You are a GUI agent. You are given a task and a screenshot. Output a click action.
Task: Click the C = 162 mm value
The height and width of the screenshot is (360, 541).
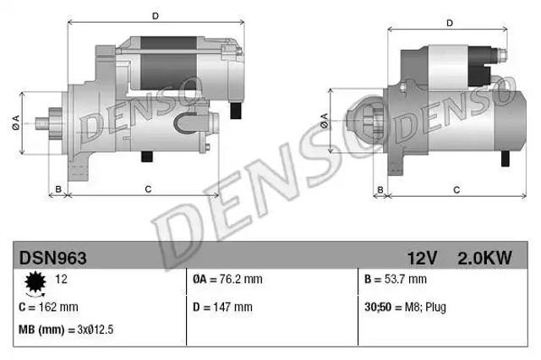click(49, 307)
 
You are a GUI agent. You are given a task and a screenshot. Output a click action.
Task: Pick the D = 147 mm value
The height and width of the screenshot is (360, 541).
click(222, 307)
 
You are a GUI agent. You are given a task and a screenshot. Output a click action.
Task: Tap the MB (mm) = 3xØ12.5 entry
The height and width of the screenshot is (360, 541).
click(66, 329)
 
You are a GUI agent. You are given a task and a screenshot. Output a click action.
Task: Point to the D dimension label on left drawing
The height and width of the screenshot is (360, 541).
click(155, 15)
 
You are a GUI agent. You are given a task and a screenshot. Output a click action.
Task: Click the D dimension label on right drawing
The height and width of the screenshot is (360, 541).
click(450, 24)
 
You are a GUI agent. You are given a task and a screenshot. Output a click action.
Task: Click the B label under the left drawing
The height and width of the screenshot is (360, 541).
click(57, 189)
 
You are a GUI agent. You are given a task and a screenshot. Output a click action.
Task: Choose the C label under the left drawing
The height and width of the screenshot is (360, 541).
click(148, 189)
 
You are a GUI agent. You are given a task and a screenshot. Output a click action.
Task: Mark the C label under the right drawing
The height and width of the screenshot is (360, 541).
click(456, 189)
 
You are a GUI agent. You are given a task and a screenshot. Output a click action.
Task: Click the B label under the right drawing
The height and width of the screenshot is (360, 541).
click(380, 189)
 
